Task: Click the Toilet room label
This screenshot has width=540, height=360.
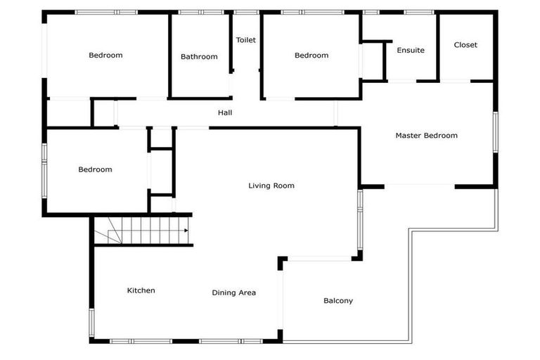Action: [245, 40]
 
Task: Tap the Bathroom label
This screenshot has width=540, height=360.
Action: [199, 56]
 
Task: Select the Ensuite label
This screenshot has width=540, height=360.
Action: [411, 50]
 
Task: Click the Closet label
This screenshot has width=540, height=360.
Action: [465, 44]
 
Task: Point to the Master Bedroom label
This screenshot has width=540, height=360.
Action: [426, 135]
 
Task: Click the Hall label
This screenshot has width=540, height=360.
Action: [225, 112]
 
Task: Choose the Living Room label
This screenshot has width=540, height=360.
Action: [271, 186]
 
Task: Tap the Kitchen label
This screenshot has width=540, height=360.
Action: [141, 290]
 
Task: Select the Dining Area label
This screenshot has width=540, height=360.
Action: [234, 292]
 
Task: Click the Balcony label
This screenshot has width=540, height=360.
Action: [338, 300]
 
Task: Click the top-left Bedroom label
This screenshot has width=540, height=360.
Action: [105, 55]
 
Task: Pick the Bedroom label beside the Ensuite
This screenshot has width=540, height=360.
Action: [311, 55]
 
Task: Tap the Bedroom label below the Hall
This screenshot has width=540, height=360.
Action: [95, 169]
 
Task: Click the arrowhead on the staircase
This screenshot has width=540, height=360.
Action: [186, 230]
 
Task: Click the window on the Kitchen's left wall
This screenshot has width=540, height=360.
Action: [91, 321]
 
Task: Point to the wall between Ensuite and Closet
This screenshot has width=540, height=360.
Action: [439, 46]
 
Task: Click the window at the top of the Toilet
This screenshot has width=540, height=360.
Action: [246, 12]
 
